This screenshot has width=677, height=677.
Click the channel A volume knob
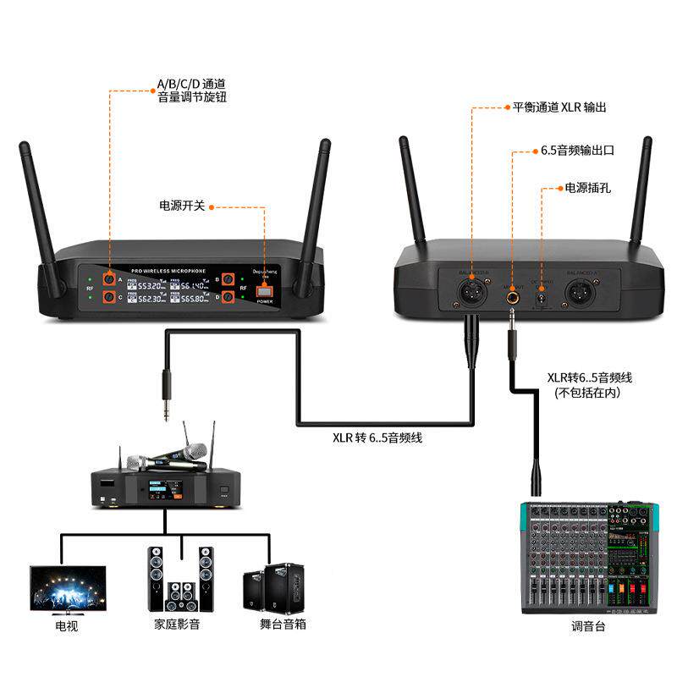tap(110, 279)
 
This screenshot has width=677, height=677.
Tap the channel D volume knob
tap(227, 297)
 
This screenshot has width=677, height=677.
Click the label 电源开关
tap(182, 206)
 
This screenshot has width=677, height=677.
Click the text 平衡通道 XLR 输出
tap(559, 107)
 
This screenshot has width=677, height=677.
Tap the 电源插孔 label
tap(587, 187)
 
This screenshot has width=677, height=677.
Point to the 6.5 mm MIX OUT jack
tap(513, 295)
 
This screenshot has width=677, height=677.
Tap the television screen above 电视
tap(68, 587)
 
